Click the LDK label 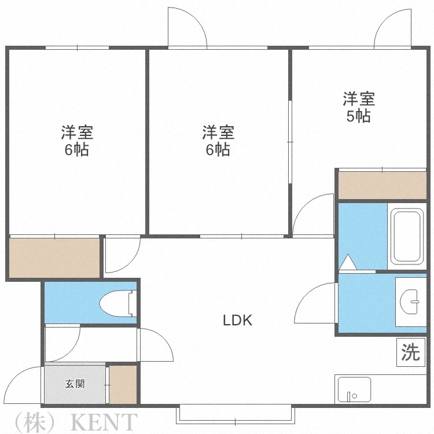coord(238,320)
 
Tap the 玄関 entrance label coord(75,384)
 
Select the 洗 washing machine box coord(410,352)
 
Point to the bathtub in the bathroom coord(409,236)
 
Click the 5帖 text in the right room coord(358,115)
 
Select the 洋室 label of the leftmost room coord(77,132)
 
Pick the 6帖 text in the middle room coord(218,150)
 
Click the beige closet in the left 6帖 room coord(54,258)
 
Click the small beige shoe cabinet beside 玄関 coord(123,384)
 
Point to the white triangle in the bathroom coord(348,262)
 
